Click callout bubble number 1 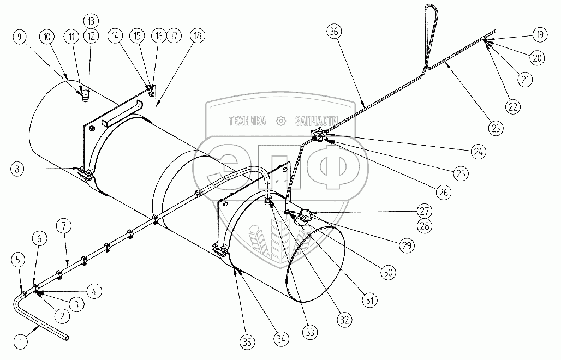click(20, 343)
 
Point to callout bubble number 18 click(197, 36)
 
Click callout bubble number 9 click(20, 37)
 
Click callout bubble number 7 click(65, 225)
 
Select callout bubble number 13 click(91, 21)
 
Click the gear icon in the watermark click(281, 121)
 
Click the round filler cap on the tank click(305, 215)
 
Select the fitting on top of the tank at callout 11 click(85, 98)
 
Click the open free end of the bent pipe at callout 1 click(67, 338)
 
